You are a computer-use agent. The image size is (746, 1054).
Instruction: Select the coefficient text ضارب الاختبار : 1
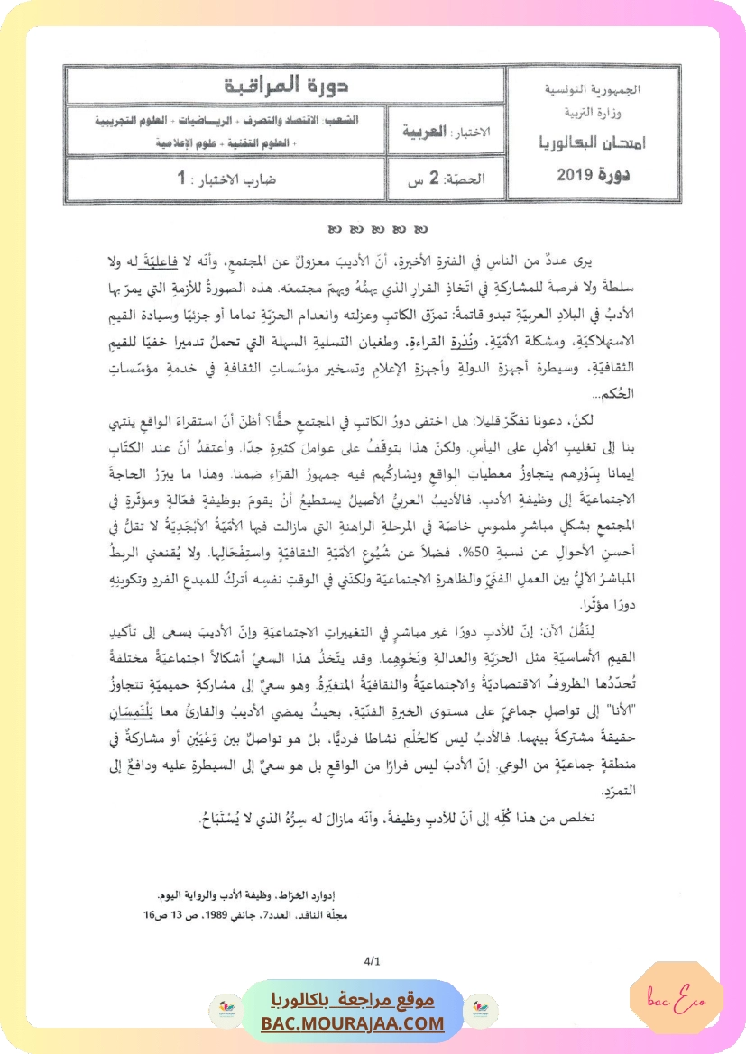226,179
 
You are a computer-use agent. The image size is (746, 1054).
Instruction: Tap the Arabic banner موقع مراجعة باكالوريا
354,1001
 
